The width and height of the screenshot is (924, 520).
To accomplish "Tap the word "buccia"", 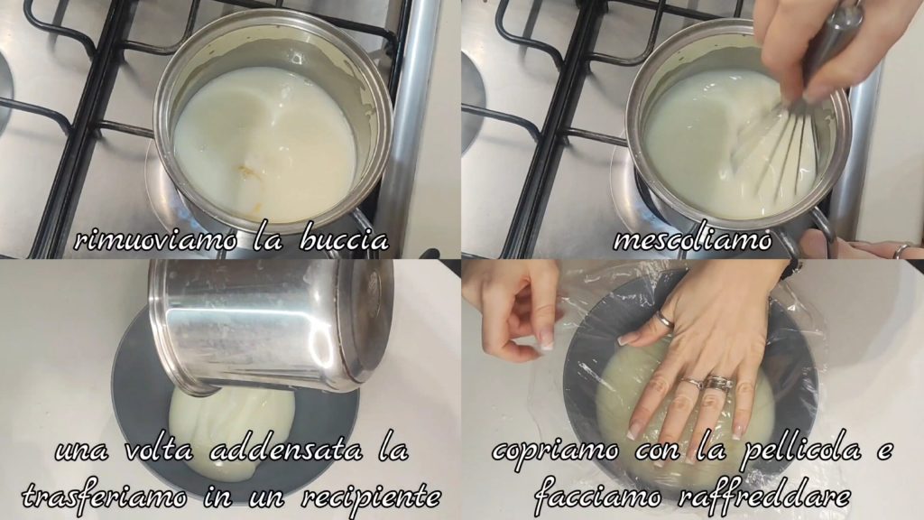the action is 345,240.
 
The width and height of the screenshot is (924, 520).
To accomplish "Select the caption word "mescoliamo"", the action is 692,240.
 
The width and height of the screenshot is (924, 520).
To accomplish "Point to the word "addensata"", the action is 286,451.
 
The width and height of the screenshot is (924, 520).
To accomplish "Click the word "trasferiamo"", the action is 105,497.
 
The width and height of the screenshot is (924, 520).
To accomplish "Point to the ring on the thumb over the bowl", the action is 664,319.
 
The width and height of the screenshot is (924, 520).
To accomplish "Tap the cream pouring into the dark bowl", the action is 233,426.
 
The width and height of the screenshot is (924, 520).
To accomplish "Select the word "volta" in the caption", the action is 159,451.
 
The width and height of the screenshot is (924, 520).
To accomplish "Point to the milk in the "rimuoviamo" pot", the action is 265,144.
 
